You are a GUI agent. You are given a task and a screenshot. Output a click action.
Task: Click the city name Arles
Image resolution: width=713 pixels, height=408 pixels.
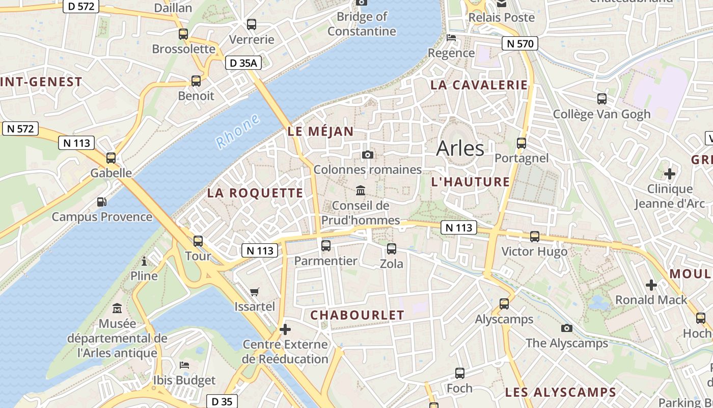click(460, 148)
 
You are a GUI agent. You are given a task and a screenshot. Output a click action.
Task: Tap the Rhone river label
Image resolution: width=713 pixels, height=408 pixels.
click(237, 132)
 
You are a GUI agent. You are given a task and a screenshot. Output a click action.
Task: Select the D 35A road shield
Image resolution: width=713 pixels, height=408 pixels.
click(243, 63)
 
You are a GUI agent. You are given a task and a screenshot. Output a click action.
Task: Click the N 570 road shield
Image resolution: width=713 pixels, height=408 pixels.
click(519, 44)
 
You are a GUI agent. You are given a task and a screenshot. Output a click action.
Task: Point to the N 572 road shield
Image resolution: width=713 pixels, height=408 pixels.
click(21, 129)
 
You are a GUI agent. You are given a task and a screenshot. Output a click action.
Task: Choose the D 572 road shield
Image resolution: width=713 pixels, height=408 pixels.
click(81, 7)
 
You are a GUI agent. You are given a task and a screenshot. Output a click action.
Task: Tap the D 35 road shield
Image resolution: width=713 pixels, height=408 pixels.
click(222, 401)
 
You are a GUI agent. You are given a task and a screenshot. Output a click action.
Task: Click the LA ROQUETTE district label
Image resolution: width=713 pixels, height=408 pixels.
click(255, 193)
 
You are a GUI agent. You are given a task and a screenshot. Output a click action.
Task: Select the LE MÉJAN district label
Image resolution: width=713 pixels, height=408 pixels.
click(320, 131)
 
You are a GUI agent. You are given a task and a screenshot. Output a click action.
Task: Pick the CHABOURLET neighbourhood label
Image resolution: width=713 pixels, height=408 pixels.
click(357, 315)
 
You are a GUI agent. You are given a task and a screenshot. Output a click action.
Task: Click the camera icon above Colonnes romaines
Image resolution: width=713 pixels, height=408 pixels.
click(367, 155)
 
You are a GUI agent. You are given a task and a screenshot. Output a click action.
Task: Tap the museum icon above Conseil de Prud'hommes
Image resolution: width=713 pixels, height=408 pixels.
click(361, 190)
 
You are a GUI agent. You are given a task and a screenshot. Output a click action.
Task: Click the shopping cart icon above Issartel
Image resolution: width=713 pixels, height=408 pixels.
click(255, 292)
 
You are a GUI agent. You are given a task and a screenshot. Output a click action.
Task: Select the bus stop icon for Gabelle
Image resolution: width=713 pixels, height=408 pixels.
click(111, 158)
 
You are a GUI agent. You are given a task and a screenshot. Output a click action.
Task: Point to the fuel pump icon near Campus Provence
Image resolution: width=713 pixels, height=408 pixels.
click(102, 202)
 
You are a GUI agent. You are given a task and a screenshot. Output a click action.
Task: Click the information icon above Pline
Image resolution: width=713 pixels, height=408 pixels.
click(144, 262)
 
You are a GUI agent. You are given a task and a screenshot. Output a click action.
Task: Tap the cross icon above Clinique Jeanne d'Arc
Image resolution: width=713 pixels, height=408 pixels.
click(669, 174)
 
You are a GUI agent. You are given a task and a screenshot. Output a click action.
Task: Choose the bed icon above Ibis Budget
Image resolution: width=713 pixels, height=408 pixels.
click(184, 365)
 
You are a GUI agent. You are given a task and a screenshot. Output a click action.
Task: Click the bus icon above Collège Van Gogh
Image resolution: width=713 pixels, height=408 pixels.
click(601, 99)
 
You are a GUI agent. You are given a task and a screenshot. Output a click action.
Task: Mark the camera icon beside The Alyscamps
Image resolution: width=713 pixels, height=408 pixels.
click(566, 328)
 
